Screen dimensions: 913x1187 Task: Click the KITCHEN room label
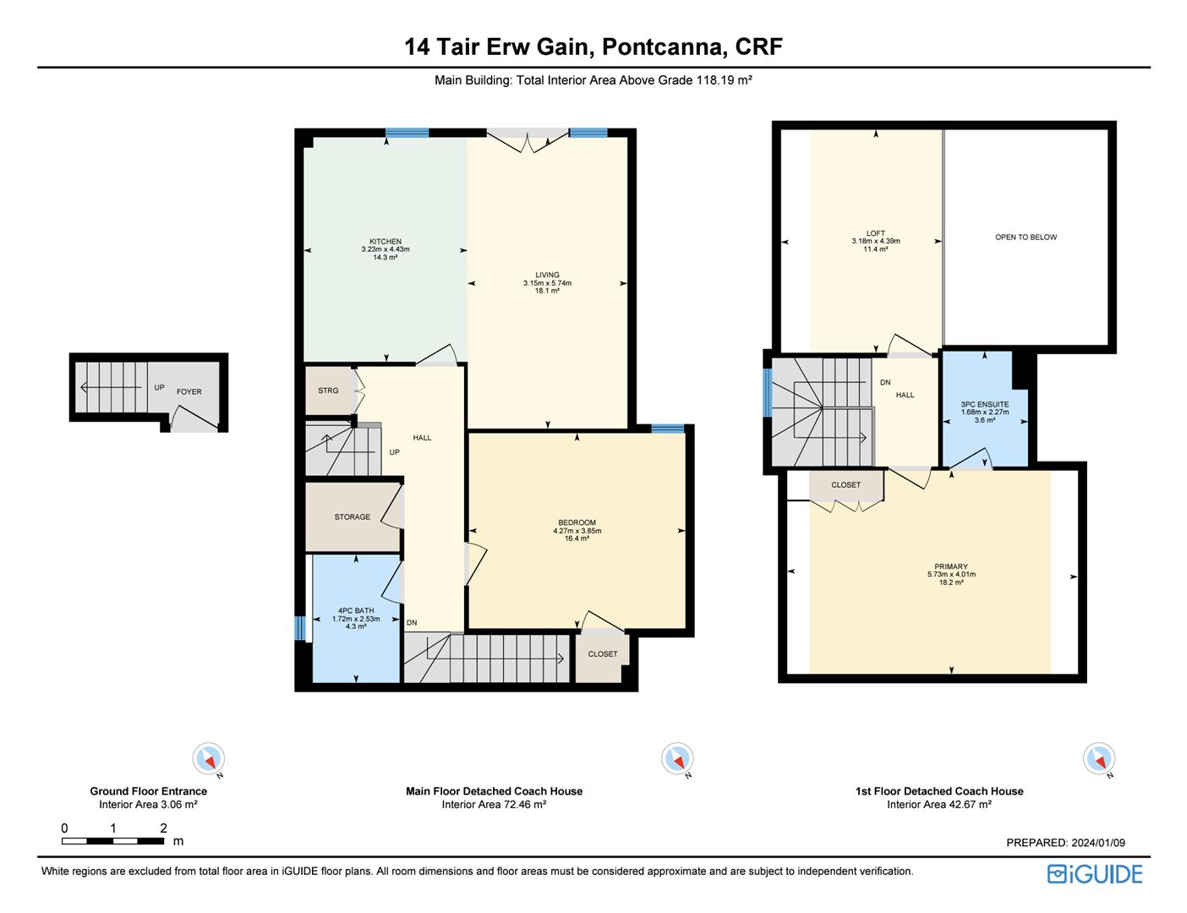[x=386, y=242]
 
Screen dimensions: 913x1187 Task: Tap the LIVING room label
[x=547, y=275]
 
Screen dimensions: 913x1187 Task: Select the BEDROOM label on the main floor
[x=577, y=522]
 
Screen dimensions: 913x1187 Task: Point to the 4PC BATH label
[x=356, y=610]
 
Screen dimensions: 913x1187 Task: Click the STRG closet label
[x=328, y=391]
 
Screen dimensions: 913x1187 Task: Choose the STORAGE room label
[x=352, y=517]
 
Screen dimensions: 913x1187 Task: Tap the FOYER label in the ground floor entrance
[x=189, y=392]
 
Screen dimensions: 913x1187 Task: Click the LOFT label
[x=876, y=233]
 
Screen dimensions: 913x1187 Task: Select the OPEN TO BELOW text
[x=1026, y=238]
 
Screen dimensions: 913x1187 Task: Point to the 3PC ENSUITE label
[x=985, y=405]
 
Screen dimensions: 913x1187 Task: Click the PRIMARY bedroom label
[x=951, y=566]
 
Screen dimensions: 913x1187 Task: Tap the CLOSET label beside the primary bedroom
[x=845, y=485]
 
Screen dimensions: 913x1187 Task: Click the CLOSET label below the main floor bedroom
[x=603, y=654]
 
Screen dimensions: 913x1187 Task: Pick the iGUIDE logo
[x=1095, y=874]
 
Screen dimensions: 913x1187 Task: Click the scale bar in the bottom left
[x=113, y=840]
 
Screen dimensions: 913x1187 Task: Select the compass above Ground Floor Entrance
[x=208, y=758]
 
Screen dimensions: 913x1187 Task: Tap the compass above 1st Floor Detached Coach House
[x=1098, y=758]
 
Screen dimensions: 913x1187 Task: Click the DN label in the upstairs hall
[x=885, y=383]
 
